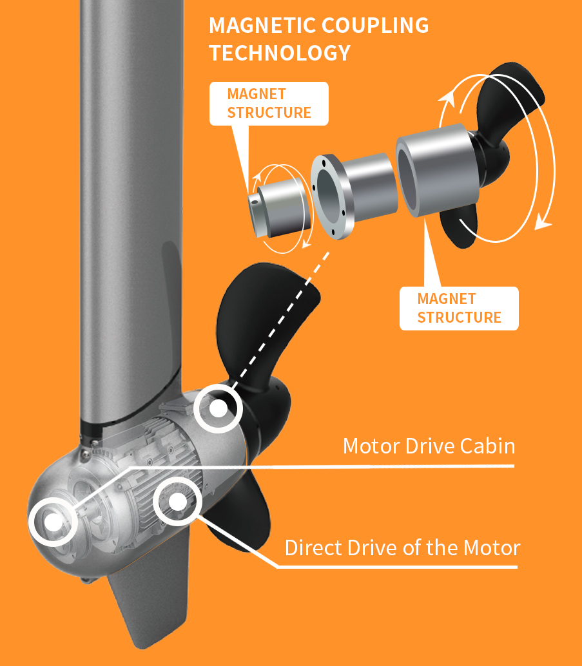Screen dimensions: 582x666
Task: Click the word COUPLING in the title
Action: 375,26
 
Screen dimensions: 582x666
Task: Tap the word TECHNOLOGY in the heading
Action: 280,53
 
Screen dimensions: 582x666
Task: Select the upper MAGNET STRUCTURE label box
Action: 269,104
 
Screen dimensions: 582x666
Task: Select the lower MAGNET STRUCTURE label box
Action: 459,309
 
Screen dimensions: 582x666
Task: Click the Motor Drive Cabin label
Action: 429,446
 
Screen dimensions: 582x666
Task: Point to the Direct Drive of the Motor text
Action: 403,548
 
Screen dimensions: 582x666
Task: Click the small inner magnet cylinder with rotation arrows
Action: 280,208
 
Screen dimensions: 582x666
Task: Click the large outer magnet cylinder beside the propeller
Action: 438,170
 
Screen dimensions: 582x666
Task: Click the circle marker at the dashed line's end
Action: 218,408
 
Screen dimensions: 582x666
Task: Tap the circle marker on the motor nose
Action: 53,522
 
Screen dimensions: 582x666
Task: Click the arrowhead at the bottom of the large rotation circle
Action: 543,222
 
